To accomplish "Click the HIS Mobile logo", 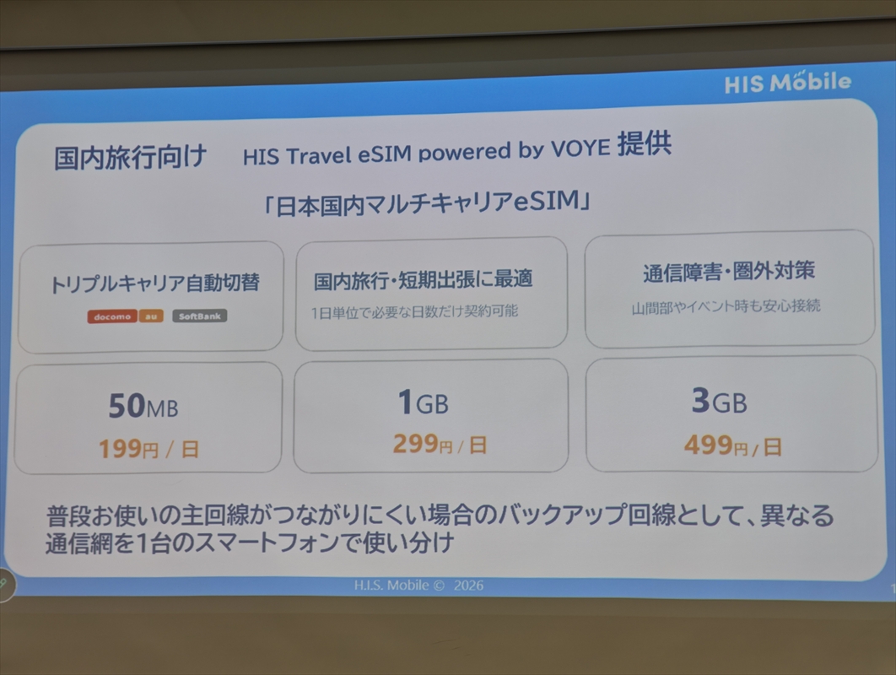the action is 787,83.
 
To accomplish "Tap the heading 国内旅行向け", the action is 130,157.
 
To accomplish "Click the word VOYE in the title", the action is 580,148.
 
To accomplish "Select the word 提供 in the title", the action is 645,143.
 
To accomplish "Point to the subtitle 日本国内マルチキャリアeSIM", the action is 426,203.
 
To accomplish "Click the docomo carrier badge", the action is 112,316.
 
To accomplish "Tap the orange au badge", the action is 151,316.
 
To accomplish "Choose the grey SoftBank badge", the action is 199,316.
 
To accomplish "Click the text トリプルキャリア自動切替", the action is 155,283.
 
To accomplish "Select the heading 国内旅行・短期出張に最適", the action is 424,279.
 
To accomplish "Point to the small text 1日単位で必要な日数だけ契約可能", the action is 414,312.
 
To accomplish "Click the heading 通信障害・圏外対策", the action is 729,272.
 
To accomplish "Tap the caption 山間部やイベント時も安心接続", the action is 726,307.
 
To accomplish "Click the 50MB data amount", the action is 143,406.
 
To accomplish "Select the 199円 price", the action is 128,449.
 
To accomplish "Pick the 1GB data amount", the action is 424,402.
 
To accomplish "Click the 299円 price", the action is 423,444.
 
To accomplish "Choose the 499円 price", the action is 716,445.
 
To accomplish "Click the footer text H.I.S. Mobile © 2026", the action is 418,586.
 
